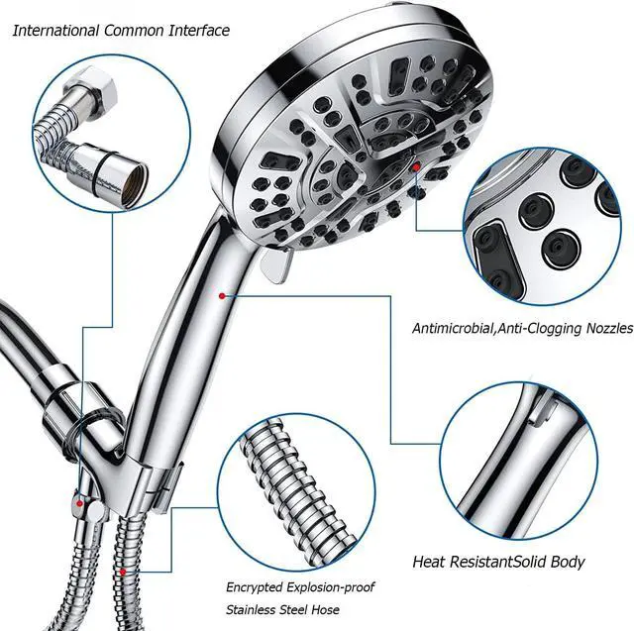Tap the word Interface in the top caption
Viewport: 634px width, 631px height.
(198, 30)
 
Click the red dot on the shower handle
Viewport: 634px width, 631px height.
(222, 293)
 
